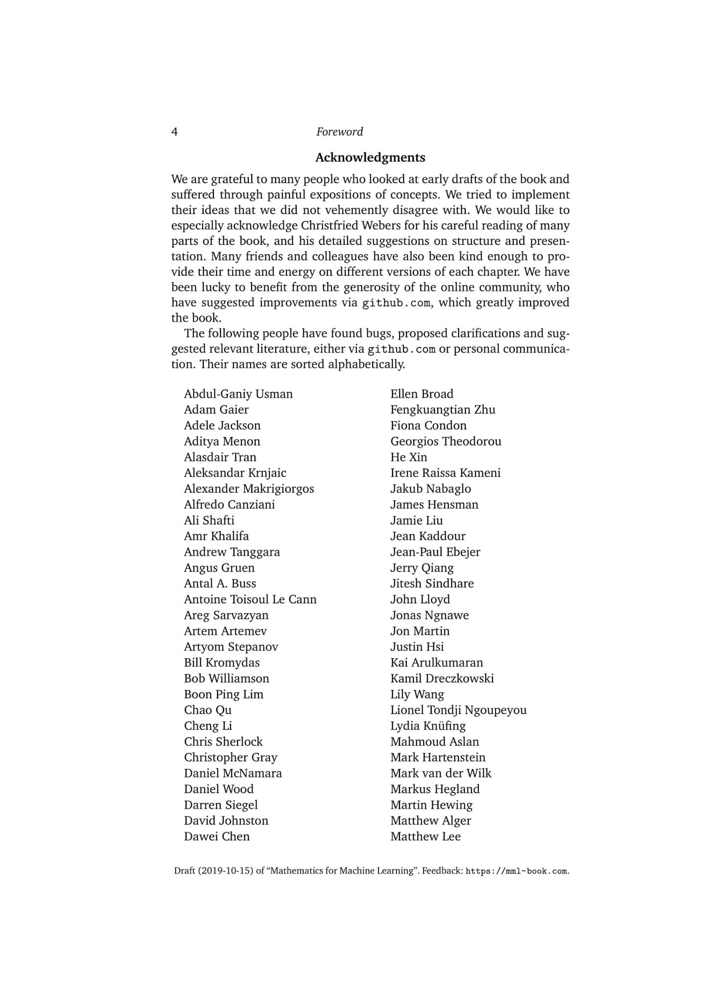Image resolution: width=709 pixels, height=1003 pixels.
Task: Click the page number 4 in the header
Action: [x=175, y=132]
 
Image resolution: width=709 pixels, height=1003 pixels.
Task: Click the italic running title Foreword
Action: [x=339, y=132]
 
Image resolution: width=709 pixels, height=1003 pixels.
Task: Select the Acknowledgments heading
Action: [x=370, y=158]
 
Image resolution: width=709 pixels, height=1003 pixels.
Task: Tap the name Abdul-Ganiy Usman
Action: [x=238, y=394]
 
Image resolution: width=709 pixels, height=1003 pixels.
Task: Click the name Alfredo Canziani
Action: [x=229, y=504]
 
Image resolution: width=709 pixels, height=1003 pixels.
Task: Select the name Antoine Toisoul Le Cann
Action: [x=250, y=599]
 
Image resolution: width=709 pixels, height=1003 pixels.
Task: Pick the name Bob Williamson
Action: [x=227, y=678]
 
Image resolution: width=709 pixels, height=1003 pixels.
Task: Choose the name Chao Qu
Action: [x=208, y=710]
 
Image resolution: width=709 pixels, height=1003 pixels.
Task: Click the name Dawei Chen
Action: [x=217, y=836]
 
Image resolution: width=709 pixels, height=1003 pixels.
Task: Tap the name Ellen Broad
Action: [x=422, y=394]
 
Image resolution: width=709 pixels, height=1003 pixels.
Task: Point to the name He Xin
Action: [x=408, y=457]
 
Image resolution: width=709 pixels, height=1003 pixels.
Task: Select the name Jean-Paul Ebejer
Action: [x=435, y=552]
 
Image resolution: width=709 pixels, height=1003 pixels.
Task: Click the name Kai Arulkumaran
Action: [x=436, y=663]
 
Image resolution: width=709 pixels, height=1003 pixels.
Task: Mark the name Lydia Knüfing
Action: [x=428, y=726]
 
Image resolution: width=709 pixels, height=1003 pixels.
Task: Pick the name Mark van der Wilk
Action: [x=441, y=773]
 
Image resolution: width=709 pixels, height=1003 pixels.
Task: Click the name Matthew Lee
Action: [x=425, y=836]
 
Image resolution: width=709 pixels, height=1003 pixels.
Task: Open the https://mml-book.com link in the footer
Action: [x=517, y=871]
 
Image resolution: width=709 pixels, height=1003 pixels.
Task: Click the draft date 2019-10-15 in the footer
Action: [x=225, y=871]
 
